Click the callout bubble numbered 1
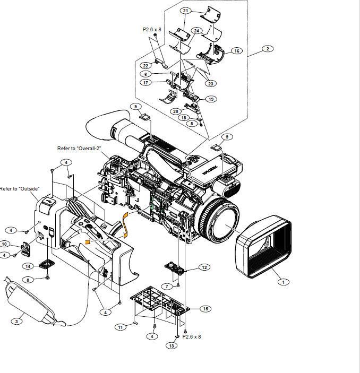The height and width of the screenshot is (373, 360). pos(284,282)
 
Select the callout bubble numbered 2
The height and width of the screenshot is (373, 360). pos(268,49)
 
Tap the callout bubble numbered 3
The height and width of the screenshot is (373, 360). pos(16,322)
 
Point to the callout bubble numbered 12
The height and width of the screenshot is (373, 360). pos(204,267)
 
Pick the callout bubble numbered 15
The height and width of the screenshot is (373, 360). pos(205,309)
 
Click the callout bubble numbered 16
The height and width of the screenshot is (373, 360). pos(237,51)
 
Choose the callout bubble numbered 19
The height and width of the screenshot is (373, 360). pos(211,99)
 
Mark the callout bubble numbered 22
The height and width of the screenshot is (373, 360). pos(145,66)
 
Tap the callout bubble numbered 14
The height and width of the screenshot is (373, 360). pos(28,266)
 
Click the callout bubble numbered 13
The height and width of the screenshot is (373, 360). pos(172,345)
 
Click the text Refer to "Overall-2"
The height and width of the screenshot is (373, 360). pos(79,149)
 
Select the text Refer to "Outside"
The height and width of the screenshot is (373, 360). pos(20,189)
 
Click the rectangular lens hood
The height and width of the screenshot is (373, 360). pos(263,246)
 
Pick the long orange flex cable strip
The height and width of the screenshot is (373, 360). pos(125,225)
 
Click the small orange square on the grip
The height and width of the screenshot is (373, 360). pos(88,242)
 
